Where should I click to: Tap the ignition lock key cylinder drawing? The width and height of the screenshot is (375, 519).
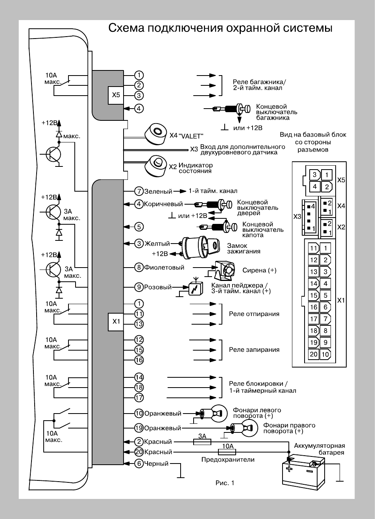click(200, 247)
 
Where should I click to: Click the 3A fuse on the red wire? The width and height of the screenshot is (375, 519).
click(202, 442)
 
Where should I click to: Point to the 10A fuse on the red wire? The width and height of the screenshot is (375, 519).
click(227, 452)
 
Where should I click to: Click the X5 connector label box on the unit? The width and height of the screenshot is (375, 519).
click(116, 95)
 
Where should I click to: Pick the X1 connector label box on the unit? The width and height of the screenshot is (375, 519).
click(116, 321)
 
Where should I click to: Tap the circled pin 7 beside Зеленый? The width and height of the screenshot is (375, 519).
click(139, 191)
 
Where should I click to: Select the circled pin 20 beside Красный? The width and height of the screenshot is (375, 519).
click(139, 452)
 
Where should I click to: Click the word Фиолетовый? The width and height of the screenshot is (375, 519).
click(164, 268)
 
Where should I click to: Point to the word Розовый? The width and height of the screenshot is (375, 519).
click(158, 287)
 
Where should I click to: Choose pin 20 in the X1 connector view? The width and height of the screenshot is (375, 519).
click(314, 354)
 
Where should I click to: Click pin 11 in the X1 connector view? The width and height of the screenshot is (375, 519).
click(314, 248)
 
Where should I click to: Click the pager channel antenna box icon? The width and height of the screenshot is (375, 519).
click(196, 287)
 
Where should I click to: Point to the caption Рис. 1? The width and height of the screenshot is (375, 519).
click(225, 483)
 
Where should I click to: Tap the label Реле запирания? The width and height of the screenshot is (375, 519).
click(254, 350)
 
